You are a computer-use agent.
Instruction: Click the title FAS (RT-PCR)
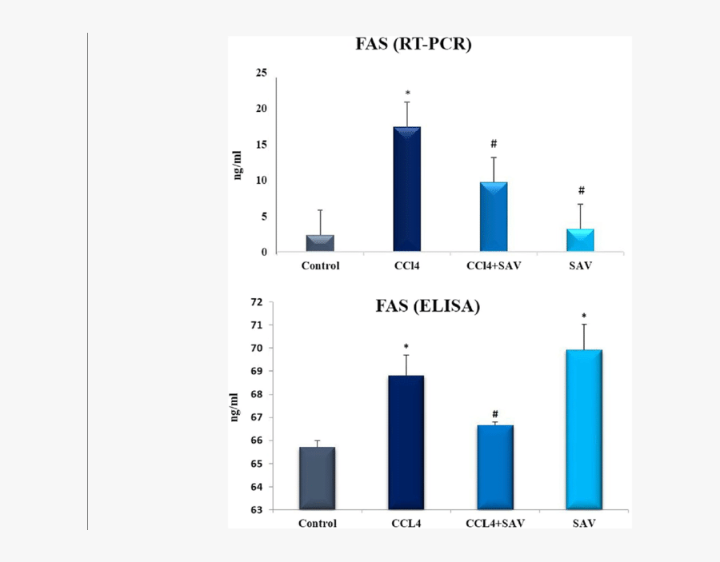click(x=414, y=45)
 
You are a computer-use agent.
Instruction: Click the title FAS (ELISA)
click(x=427, y=306)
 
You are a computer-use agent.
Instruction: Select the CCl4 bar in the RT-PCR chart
click(x=406, y=189)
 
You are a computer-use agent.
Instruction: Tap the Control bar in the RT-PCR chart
click(x=320, y=243)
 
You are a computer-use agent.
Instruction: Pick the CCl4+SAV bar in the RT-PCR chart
click(x=494, y=217)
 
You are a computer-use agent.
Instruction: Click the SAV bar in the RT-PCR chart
click(x=581, y=240)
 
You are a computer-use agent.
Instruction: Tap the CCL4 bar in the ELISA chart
click(x=406, y=442)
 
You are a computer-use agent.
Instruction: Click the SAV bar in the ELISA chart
click(x=584, y=428)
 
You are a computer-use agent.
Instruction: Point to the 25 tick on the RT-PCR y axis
click(x=261, y=73)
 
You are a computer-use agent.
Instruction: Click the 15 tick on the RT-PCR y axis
click(x=261, y=145)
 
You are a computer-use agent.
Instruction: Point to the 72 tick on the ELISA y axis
click(x=256, y=302)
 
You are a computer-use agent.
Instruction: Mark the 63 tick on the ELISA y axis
click(x=256, y=510)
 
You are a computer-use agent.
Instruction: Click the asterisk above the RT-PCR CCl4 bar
click(x=406, y=94)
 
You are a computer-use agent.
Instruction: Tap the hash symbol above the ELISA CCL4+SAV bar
click(x=495, y=414)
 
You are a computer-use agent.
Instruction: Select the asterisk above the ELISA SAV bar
click(x=584, y=316)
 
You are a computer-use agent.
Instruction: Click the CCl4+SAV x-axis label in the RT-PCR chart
click(x=494, y=265)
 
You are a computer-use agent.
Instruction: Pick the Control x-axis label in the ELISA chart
click(x=317, y=524)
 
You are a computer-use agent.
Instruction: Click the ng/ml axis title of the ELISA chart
click(x=234, y=406)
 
